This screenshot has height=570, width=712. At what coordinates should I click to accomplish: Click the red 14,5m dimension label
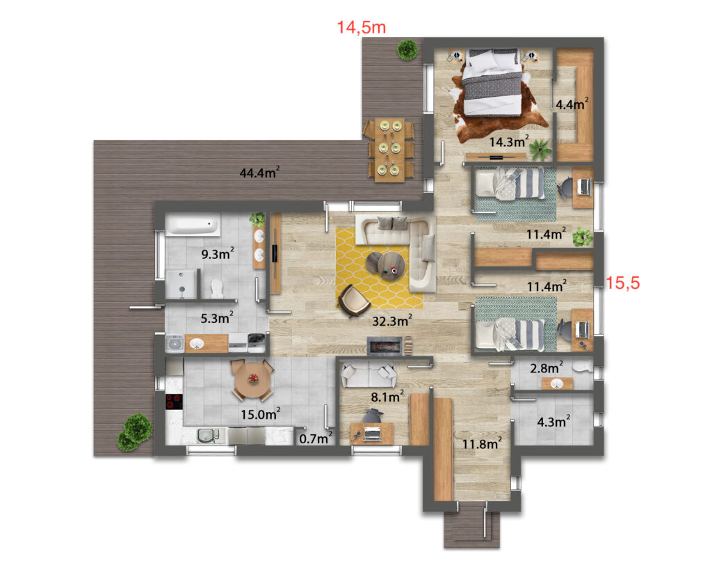coord(361,28)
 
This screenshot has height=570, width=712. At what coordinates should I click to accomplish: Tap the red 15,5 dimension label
coord(622,283)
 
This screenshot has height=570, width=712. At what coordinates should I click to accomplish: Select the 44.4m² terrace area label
coord(259,173)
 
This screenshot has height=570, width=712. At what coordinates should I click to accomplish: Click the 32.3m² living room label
coord(392,320)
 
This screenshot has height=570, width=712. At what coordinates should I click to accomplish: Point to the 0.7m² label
coord(316,438)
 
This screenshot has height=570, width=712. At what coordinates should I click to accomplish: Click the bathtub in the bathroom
coord(193,225)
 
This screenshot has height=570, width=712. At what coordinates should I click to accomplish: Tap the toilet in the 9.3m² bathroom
coord(217,288)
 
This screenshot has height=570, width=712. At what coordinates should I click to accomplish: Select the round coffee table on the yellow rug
coord(389,265)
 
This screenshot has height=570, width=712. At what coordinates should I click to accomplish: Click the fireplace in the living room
coord(385,347)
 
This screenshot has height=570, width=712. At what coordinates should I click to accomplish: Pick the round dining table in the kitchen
coord(252,379)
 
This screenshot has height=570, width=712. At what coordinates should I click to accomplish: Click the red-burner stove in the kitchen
coord(173,402)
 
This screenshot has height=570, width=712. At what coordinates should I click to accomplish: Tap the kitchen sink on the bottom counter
coord(209,436)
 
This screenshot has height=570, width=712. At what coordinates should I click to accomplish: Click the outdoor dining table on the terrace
coord(389,150)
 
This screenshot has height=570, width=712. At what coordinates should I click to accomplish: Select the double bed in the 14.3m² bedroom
coord(494,82)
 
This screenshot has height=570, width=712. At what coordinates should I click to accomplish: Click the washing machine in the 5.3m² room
coord(175,344)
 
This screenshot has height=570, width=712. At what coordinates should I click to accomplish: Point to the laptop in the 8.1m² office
coord(373,434)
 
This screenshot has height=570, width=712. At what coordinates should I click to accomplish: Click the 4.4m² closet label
coord(572,104)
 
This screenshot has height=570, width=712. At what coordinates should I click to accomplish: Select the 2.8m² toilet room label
coord(547,367)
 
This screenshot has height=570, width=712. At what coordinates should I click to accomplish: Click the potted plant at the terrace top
coord(407,49)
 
